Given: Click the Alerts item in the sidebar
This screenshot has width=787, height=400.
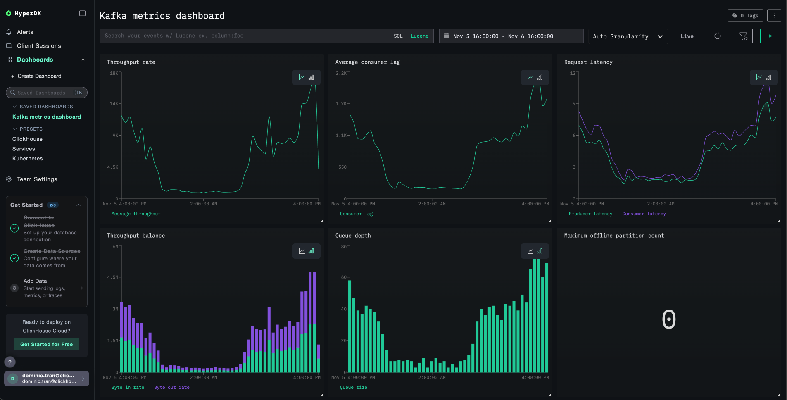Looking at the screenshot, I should point(25,32).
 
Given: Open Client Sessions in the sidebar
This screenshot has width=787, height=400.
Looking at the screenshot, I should point(38,46).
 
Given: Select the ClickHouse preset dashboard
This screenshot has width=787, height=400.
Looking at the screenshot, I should point(27,139).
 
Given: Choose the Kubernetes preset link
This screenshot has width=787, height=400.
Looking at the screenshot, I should point(27,159).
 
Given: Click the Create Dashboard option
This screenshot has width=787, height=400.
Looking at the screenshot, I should point(39,76).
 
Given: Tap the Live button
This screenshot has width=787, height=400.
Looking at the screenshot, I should point(687,36).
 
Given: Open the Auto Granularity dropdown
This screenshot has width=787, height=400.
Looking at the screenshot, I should point(627,36).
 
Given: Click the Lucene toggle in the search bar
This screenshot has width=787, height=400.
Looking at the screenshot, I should point(419,36).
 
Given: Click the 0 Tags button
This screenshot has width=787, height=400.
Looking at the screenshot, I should point(745,16).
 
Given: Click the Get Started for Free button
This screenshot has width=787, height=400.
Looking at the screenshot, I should point(46,344).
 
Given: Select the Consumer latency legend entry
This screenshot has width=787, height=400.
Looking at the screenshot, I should point(644,214).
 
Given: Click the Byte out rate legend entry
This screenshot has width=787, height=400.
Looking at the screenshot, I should point(171,388).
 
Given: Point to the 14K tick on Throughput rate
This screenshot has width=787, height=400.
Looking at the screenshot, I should point(114,104).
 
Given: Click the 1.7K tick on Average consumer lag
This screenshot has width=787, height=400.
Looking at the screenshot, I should point(341,104).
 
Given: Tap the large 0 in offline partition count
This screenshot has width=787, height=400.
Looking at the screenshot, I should point(668,319).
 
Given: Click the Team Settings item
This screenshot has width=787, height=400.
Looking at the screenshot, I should point(37,179).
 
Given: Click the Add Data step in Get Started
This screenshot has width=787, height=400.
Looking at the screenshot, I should point(35,281).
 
